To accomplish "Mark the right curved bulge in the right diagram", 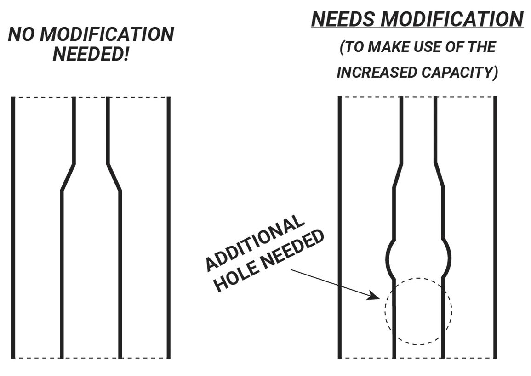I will click(x=447, y=257).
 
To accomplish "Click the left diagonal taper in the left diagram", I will click(x=68, y=177).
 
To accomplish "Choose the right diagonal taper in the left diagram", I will click(x=114, y=177).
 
